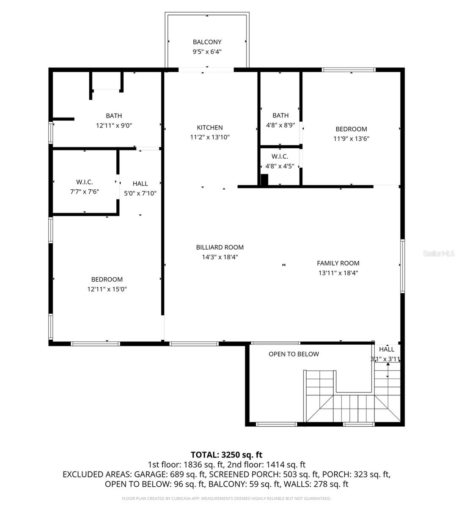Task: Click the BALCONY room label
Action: coord(207,42)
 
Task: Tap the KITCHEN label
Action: coord(209,128)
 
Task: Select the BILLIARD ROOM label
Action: coord(220,247)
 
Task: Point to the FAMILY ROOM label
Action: coord(338,263)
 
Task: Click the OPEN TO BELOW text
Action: coord(294,354)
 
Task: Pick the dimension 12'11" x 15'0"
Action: coord(107,289)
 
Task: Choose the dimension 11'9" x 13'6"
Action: coord(351,139)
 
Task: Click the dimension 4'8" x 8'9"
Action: coord(280,125)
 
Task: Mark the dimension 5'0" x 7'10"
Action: coord(140,194)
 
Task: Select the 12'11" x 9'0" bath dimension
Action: coord(114,125)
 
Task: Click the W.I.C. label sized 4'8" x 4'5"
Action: coord(280,156)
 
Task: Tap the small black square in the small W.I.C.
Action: coord(264,180)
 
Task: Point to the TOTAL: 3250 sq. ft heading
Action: coord(226,455)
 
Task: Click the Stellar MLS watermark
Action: coord(439,253)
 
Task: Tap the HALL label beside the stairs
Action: coord(386,349)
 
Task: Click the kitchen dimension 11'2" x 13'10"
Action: coord(209,137)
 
